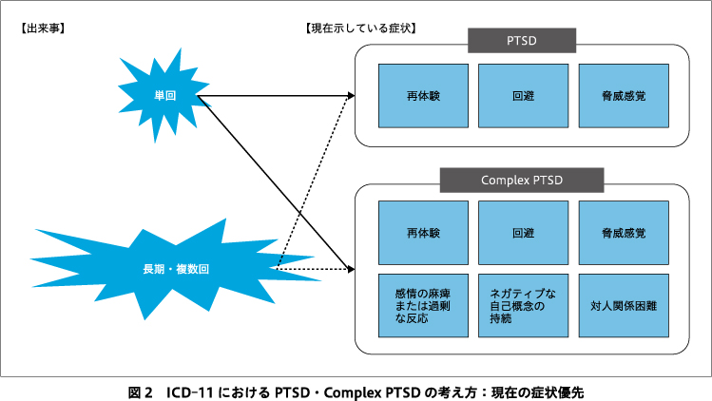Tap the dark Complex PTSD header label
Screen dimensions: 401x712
point(522,180)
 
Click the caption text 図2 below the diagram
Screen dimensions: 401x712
point(140,391)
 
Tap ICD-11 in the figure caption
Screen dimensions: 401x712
point(193,391)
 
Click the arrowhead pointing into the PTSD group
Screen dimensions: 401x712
point(349,96)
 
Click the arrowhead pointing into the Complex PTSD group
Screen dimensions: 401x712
point(349,269)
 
